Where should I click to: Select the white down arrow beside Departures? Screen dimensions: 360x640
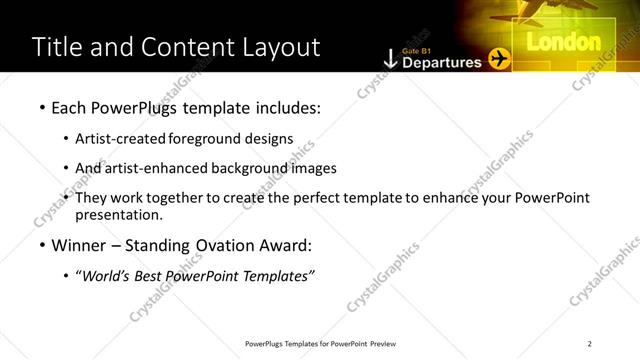click(x=390, y=59)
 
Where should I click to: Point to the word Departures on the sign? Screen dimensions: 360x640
click(x=441, y=62)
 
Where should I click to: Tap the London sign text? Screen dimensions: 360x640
click(x=563, y=42)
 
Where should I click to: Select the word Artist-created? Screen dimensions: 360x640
click(x=121, y=139)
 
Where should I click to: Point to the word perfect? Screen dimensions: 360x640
click(x=342, y=198)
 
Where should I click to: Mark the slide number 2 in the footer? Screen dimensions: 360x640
click(x=589, y=344)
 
